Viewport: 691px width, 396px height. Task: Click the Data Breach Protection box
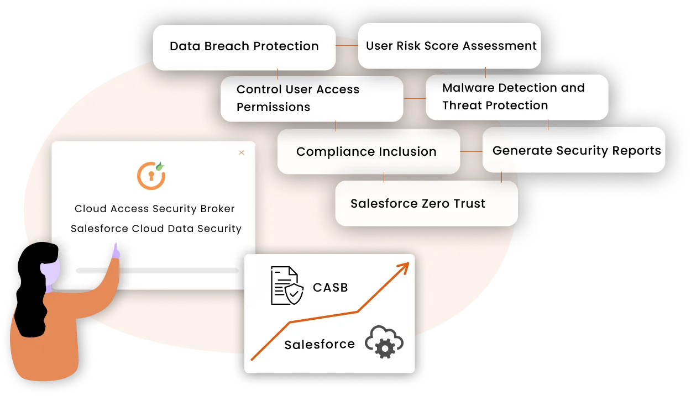(x=244, y=47)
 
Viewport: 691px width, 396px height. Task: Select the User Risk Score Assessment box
(x=451, y=46)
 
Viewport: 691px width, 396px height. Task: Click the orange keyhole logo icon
(x=151, y=176)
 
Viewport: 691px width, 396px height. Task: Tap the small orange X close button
(x=241, y=152)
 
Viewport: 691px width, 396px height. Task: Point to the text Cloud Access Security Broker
(x=155, y=209)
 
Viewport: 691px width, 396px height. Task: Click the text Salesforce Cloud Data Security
(x=156, y=229)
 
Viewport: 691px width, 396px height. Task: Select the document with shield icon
(x=286, y=286)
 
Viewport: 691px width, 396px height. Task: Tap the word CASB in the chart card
(x=330, y=288)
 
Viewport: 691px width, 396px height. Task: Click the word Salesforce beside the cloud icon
(x=320, y=345)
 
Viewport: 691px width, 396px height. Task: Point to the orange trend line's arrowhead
(x=404, y=267)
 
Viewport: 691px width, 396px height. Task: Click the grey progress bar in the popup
(x=157, y=271)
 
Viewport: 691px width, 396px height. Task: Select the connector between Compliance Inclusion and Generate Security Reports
(x=471, y=151)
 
